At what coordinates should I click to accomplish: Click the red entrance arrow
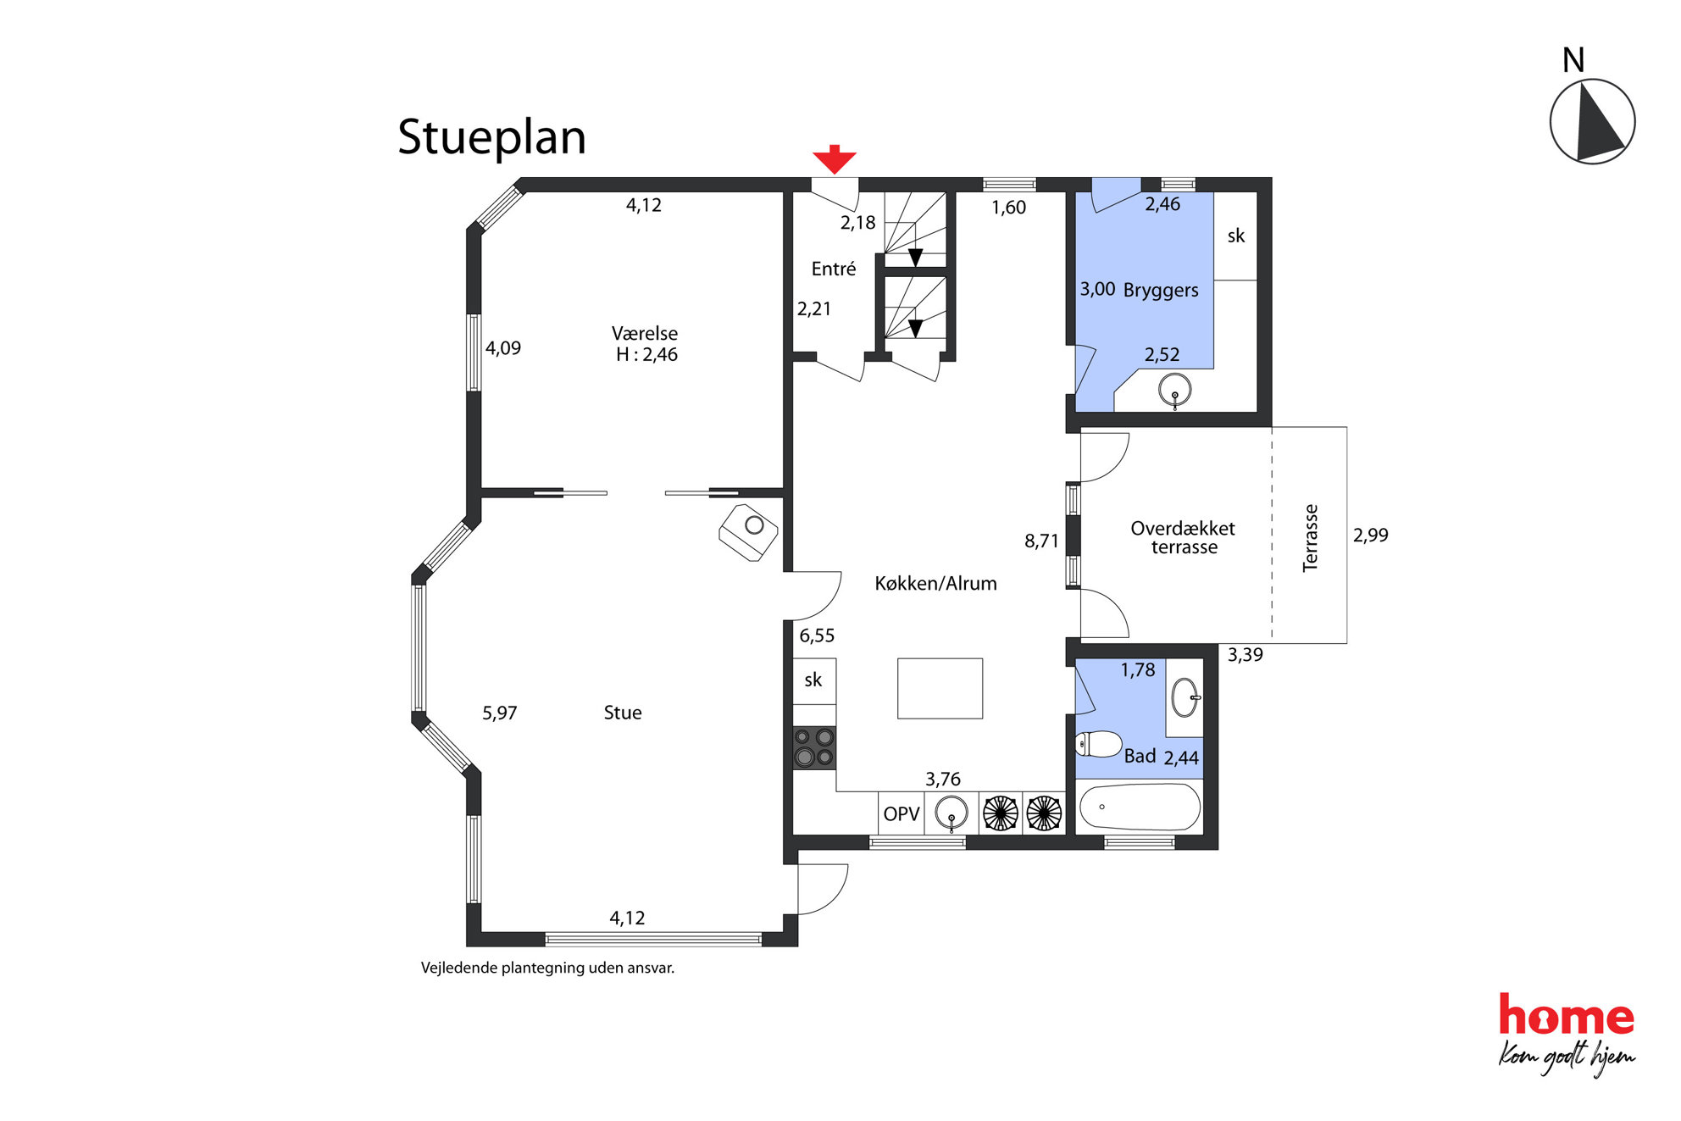pyautogui.click(x=835, y=159)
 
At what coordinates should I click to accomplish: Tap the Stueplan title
pyautogui.click(x=491, y=137)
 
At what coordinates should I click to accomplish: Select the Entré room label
pyautogui.click(x=834, y=269)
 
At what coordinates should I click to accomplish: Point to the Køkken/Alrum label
pyautogui.click(x=935, y=583)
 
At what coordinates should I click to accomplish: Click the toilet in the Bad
pyautogui.click(x=1099, y=744)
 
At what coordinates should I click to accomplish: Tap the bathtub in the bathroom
pyautogui.click(x=1140, y=806)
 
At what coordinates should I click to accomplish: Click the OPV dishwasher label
pyautogui.click(x=901, y=814)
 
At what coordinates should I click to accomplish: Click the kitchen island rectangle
pyautogui.click(x=940, y=688)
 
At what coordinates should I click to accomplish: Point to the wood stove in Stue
pyautogui.click(x=748, y=532)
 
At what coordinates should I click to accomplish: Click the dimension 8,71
pyautogui.click(x=1041, y=541)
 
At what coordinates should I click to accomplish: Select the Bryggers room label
pyautogui.click(x=1161, y=290)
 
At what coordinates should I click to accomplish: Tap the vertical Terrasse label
pyautogui.click(x=1310, y=538)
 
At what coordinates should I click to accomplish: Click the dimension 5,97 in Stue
pyautogui.click(x=500, y=713)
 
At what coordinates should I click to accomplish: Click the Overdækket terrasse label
pyautogui.click(x=1184, y=537)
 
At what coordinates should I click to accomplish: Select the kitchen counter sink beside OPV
pyautogui.click(x=951, y=813)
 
